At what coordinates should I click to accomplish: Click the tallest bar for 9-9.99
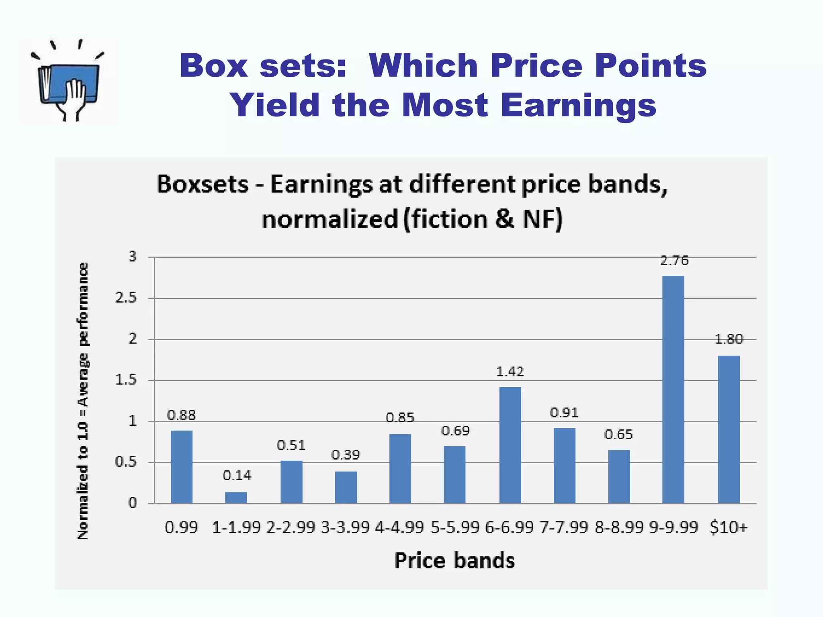(x=673, y=390)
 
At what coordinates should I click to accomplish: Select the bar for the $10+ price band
(x=729, y=429)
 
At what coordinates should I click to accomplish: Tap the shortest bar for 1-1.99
(x=236, y=498)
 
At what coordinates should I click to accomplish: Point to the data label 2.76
(x=674, y=261)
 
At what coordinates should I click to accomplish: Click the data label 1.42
(x=510, y=372)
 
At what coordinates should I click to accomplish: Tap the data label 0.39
(x=346, y=455)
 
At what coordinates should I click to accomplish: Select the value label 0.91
(x=564, y=413)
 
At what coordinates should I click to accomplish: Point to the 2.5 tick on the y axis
(x=126, y=298)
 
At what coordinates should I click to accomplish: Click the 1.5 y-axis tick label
(x=126, y=380)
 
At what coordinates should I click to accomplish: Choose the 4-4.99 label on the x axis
(x=399, y=527)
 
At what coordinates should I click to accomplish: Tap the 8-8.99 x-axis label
(x=619, y=527)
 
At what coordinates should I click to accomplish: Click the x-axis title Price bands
(x=454, y=561)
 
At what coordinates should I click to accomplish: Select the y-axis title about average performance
(x=83, y=400)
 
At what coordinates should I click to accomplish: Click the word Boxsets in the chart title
(x=203, y=184)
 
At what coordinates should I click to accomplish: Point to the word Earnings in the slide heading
(x=578, y=105)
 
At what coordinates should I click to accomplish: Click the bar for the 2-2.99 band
(x=291, y=482)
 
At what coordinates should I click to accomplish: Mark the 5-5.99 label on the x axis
(x=455, y=527)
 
